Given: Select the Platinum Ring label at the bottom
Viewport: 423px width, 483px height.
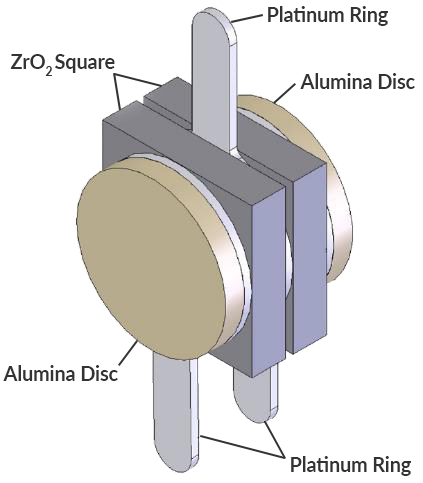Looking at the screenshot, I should tap(349, 465).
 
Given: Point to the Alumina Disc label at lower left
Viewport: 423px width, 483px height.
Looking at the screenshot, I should tap(61, 375).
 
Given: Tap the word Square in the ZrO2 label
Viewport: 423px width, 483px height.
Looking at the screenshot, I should tap(86, 63).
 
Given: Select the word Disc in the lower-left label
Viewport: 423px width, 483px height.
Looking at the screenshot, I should tap(98, 375).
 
